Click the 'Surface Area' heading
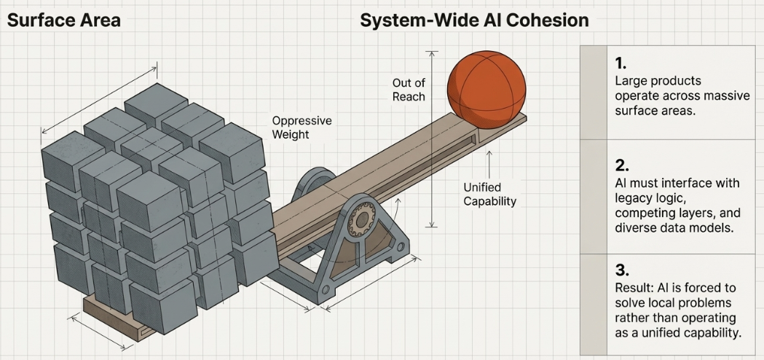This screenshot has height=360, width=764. click(63, 20)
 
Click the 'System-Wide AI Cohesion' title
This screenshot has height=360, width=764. click(474, 20)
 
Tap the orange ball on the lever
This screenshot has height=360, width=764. click(487, 82)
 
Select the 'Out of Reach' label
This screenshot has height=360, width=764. click(409, 90)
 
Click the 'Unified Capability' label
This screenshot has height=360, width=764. click(489, 194)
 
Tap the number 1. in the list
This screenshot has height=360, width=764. click(621, 63)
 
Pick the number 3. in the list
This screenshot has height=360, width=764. click(621, 270)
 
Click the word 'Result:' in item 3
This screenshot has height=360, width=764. click(634, 288)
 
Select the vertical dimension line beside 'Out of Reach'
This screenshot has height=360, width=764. click(433, 138)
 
